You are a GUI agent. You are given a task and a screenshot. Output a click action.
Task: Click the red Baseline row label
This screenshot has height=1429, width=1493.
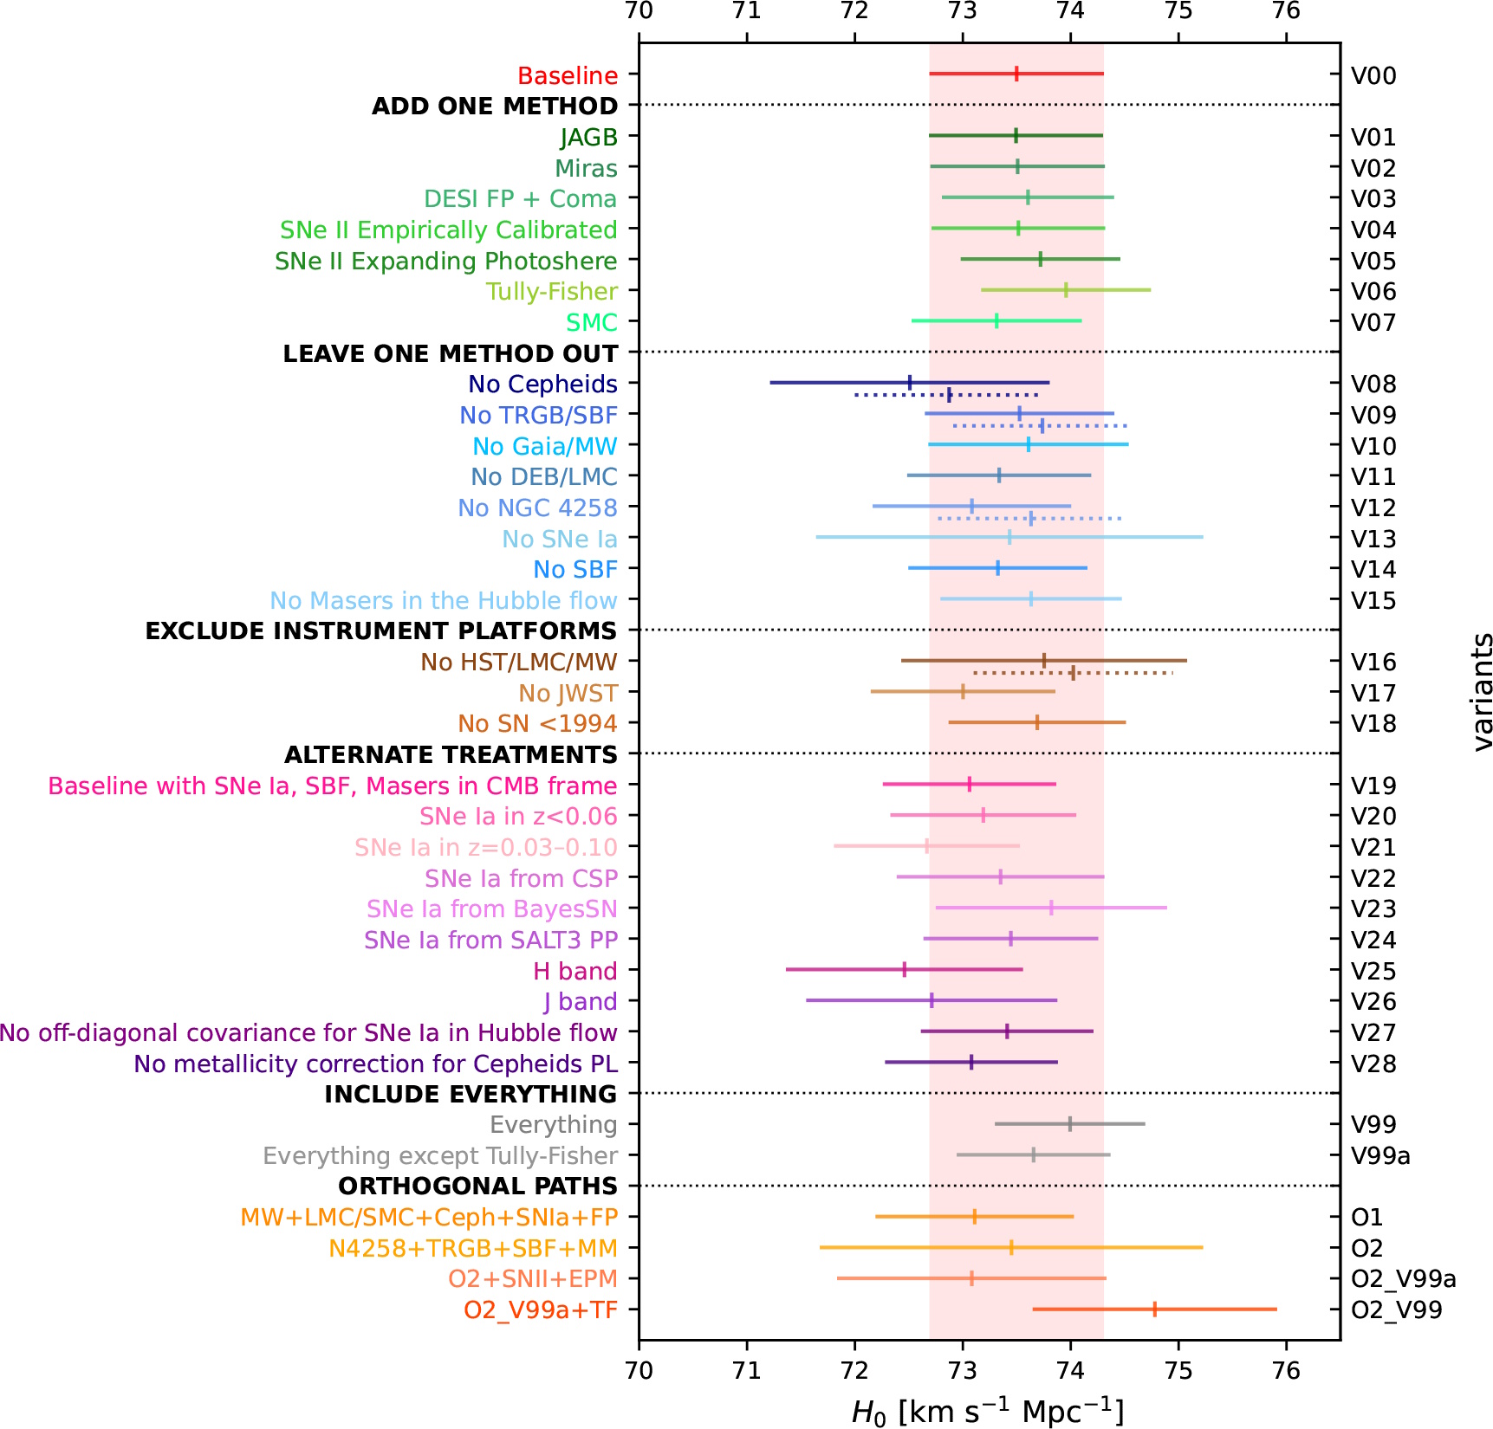[x=568, y=75]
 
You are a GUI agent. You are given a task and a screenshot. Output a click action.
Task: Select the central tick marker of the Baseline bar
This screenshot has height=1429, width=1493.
[x=1016, y=74]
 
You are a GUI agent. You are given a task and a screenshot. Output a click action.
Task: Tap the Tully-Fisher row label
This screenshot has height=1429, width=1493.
[x=551, y=291]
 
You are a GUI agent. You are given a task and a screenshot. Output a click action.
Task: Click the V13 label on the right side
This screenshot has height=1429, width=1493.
[x=1373, y=539]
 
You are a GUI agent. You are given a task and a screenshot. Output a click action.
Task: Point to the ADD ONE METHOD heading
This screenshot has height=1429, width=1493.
[x=495, y=106]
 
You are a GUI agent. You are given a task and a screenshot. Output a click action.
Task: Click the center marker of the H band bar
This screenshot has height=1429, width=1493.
[x=904, y=969]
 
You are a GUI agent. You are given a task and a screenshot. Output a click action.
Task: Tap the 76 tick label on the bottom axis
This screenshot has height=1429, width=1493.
[x=1287, y=1371]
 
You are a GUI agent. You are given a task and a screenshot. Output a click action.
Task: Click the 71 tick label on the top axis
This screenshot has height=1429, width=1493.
[x=747, y=11]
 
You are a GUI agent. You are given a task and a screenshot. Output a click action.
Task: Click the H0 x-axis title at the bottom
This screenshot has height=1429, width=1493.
[x=988, y=1412]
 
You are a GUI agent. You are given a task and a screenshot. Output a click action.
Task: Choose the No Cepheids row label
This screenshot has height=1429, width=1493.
[x=542, y=384]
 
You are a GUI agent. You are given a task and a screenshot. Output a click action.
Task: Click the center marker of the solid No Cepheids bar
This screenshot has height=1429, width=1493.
[x=910, y=382]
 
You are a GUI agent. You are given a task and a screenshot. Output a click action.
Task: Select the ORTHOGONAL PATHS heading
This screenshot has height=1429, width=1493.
[x=477, y=1186]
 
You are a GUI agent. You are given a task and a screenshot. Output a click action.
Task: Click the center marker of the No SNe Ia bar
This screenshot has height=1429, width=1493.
[x=1009, y=537]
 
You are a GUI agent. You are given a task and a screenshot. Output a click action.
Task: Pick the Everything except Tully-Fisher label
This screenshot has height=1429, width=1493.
[x=440, y=1155]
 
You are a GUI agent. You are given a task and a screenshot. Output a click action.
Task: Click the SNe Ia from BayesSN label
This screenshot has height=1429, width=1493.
[x=491, y=908]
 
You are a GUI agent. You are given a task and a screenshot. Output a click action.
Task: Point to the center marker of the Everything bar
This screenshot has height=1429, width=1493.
[x=1070, y=1123]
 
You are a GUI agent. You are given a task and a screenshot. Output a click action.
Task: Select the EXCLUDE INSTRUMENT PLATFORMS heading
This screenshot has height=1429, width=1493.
[x=381, y=630]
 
